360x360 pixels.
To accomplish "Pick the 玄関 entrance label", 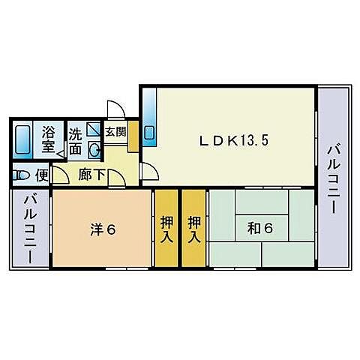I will [x=115, y=133].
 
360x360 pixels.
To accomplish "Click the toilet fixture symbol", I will [x=21, y=175].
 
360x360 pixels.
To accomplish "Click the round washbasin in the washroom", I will [x=94, y=148].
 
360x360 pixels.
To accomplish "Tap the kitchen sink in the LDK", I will [x=148, y=134].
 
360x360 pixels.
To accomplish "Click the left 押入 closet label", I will [x=166, y=229].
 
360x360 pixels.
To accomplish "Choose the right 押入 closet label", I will [x=193, y=229].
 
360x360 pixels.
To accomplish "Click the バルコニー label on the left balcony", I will [x=30, y=228].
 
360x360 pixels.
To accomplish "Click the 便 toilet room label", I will [x=42, y=175].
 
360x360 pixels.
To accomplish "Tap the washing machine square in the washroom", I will [x=94, y=130].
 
